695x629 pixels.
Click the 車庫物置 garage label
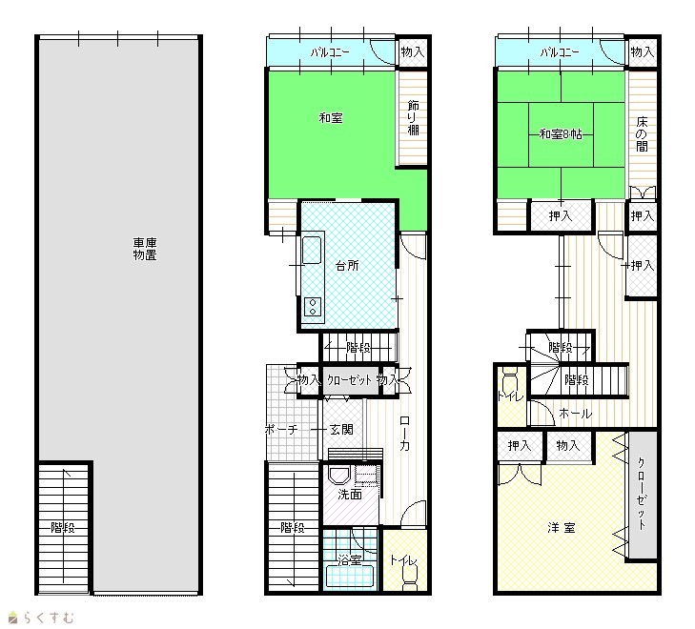145,249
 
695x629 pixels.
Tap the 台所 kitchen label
347,266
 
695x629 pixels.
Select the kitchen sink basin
312,250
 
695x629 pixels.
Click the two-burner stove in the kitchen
313,307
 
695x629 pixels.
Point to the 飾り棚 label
413,118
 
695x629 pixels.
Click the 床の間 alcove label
642,134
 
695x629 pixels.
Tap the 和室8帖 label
561,134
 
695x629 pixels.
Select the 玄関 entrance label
341,429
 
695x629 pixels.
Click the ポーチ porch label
281,429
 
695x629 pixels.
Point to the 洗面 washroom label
350,495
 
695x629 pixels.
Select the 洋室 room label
562,528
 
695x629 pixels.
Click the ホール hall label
575,414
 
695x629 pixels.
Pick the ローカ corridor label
404,434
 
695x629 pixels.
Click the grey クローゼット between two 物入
350,379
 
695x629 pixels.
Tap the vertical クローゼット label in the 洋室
642,494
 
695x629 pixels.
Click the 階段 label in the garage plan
63,528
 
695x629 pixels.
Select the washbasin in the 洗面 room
339,476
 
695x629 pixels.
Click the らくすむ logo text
49,618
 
